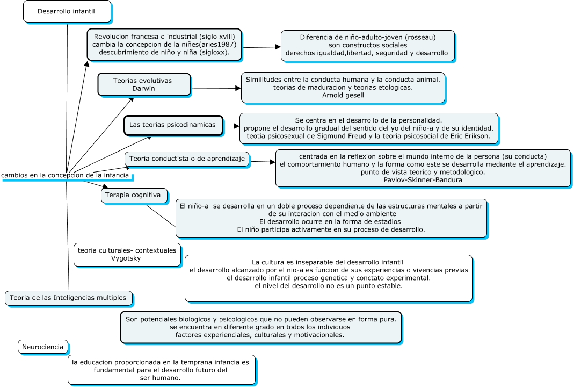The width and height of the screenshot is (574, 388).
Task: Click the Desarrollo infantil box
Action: tap(67, 11)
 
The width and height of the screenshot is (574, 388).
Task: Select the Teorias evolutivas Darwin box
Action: tap(144, 84)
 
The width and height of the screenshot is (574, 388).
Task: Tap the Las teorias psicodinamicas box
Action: tap(173, 125)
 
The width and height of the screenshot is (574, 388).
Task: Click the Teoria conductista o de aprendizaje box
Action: tap(187, 159)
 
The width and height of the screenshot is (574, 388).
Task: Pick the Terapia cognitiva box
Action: tap(134, 196)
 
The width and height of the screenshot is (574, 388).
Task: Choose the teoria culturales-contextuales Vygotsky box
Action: tap(127, 254)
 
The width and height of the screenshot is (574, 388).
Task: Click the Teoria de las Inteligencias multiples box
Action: tap(68, 297)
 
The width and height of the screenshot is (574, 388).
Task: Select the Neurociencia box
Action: tap(43, 347)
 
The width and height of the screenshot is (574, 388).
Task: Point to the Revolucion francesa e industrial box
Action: tap(164, 45)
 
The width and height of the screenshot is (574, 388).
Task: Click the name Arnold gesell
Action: tap(343, 95)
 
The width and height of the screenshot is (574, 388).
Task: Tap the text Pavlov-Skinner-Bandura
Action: tap(423, 180)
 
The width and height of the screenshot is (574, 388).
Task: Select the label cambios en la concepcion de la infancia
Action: tap(65, 175)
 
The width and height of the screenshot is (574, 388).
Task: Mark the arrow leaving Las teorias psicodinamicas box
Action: tap(231, 126)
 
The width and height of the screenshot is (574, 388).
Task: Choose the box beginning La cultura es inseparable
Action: tap(329, 278)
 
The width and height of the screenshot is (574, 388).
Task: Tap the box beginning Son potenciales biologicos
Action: tap(261, 327)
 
